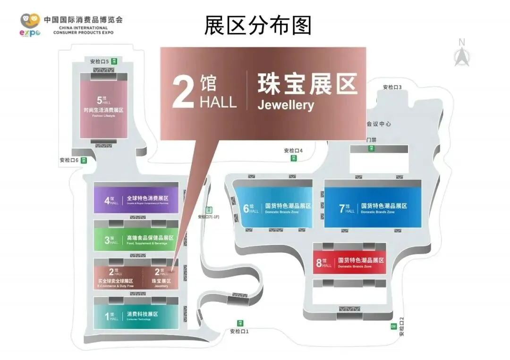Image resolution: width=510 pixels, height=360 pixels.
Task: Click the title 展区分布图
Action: (x=258, y=25)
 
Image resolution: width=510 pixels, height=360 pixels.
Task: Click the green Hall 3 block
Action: (x=136, y=239)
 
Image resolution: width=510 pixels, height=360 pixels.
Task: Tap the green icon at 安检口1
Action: (x=240, y=323)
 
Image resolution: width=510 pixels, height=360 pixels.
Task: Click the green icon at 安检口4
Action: (x=293, y=158)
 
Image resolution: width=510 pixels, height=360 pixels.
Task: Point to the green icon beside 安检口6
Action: (x=84, y=160)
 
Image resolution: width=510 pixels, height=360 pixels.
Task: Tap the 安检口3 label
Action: (x=392, y=87)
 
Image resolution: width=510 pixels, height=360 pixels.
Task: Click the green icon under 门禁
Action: (x=372, y=149)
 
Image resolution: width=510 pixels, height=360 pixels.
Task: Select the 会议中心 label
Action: (x=379, y=124)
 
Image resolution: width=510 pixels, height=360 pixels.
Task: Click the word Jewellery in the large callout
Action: (x=286, y=105)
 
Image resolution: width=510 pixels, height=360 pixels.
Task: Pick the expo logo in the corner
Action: (x=30, y=25)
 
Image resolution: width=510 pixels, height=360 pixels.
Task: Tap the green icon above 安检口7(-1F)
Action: (x=209, y=210)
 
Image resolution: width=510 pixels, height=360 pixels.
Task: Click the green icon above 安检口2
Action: (x=393, y=326)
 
